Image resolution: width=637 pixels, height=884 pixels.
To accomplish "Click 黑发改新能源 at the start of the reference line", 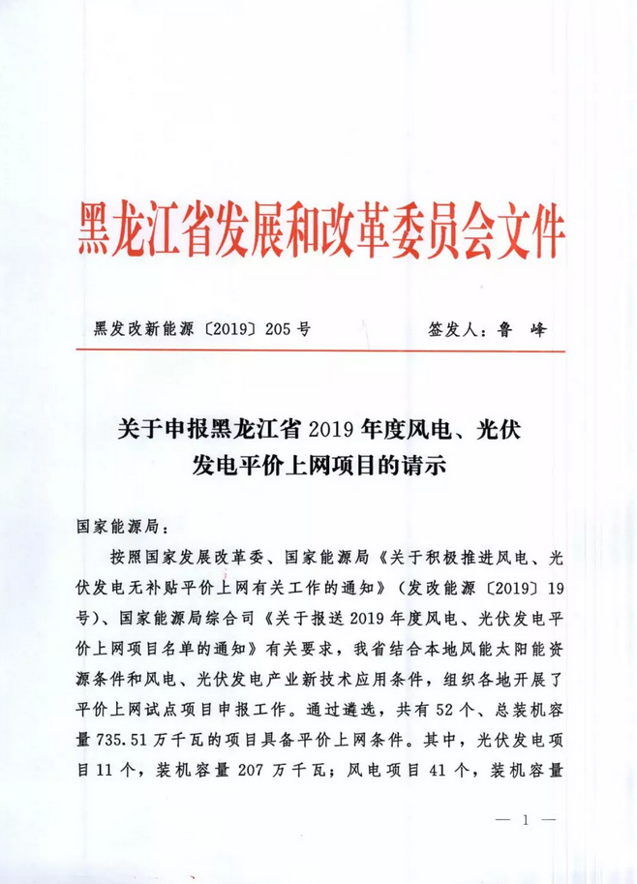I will (x=135, y=328).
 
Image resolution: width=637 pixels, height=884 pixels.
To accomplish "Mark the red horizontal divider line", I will (x=318, y=352).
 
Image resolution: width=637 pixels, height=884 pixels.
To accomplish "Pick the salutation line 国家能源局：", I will (x=120, y=531).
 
